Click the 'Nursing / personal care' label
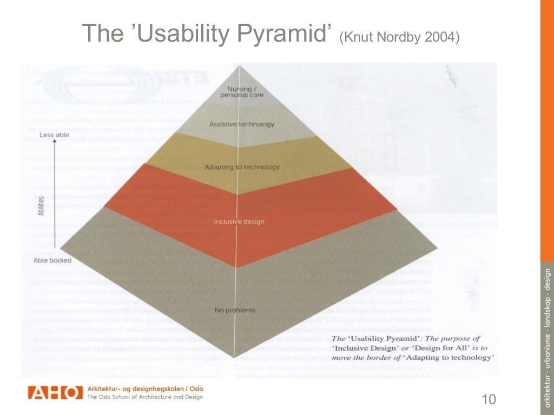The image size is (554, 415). (x=234, y=92)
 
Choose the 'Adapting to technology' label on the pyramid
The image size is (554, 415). (x=242, y=167)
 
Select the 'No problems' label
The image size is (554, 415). (x=234, y=310)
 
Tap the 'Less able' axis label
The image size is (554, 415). (x=55, y=135)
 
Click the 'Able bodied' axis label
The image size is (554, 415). (x=52, y=260)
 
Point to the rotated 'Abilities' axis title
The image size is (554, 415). (x=41, y=205)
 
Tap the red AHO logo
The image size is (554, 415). (x=55, y=393)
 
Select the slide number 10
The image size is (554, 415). (x=488, y=400)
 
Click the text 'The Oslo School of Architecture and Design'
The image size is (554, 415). (x=145, y=397)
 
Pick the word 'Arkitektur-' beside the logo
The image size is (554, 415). (x=106, y=389)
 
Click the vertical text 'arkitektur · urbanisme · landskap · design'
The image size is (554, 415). (x=546, y=335)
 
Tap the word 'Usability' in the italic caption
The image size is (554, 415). (x=373, y=338)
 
